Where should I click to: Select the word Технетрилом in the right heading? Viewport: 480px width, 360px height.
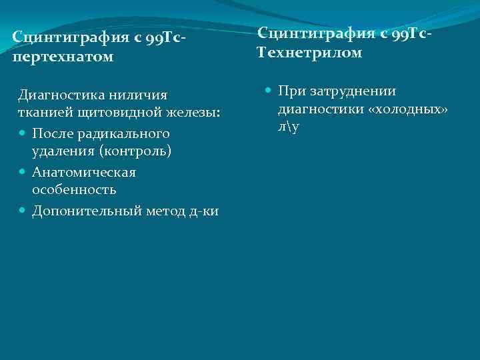point(309,52)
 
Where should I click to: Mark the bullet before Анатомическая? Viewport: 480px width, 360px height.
point(23,173)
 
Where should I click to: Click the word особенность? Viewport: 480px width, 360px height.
point(74,190)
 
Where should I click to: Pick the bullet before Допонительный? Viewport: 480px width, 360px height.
point(23,211)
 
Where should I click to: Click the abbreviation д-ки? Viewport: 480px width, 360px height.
point(203,211)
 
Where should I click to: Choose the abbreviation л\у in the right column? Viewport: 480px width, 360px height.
point(289,125)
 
